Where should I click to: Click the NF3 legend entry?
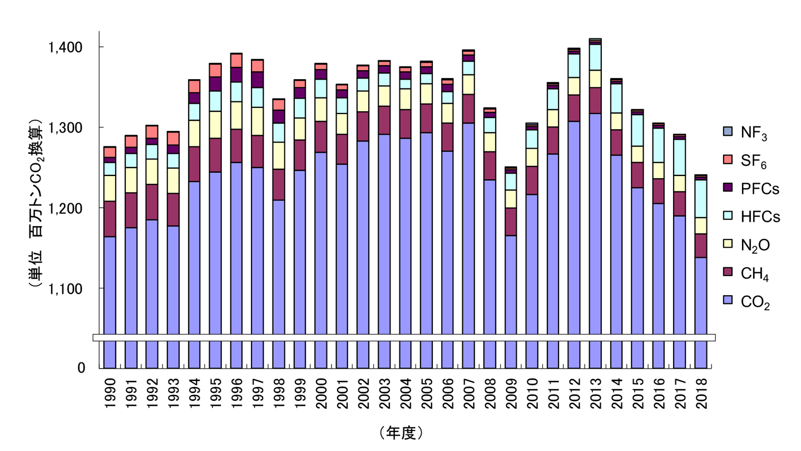tap(745, 133)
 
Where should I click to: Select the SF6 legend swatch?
tap(728, 160)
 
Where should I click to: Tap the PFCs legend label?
tap(760, 189)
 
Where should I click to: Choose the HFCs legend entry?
tap(751, 217)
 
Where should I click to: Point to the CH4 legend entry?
tap(745, 273)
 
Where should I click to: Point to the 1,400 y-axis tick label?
tap(66, 47)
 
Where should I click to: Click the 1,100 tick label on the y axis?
tap(66, 289)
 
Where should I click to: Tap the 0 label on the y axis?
tap(82, 367)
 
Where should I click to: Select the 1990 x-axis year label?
tap(110, 393)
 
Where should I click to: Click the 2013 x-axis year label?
tap(595, 393)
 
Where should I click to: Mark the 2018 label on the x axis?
tap(701, 393)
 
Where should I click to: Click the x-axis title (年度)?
tap(401, 433)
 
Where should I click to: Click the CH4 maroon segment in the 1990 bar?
tap(110, 219)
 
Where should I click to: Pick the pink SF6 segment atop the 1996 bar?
tap(236, 61)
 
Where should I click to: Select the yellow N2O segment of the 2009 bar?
tap(511, 199)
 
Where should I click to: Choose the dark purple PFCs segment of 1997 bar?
tap(258, 80)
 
